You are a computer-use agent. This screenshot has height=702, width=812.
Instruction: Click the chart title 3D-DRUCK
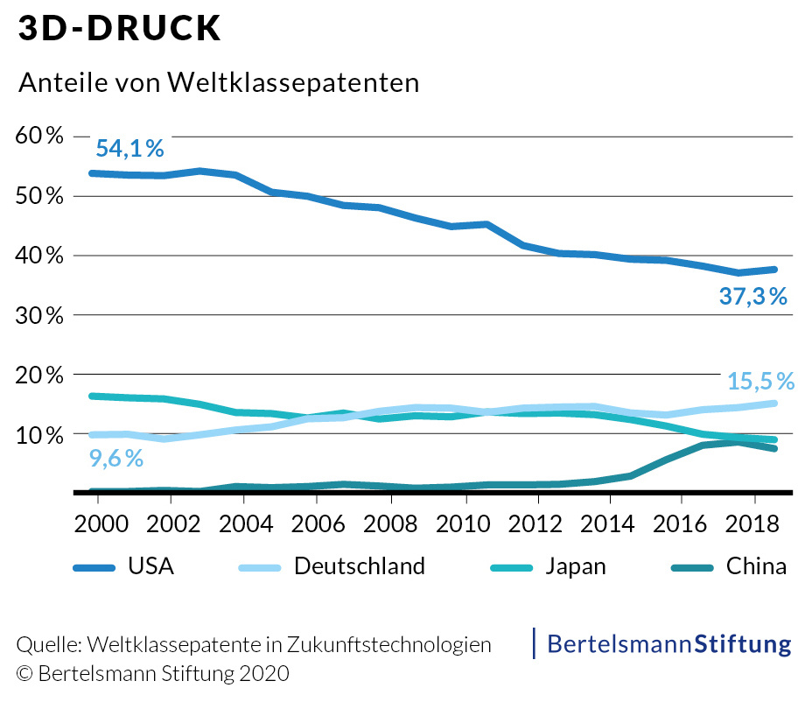point(120,29)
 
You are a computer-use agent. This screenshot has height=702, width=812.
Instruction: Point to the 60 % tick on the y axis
point(40,137)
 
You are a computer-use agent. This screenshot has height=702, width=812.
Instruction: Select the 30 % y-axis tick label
point(40,315)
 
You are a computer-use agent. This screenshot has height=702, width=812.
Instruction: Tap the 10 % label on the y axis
point(40,434)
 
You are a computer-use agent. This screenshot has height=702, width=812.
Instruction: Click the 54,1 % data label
point(129,149)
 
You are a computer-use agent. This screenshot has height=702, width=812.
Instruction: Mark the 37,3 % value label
point(753,297)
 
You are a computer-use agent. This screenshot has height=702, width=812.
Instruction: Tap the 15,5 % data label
point(760,382)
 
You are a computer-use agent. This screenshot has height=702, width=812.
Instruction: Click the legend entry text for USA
point(150,566)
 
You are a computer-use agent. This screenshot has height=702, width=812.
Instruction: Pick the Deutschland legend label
point(360,566)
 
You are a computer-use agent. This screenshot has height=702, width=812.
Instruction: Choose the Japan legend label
point(575,566)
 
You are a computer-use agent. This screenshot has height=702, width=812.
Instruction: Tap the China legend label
point(756,566)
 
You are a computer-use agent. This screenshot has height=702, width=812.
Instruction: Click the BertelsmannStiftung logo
point(668,644)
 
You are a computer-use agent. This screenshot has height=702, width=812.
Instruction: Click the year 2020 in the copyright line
point(264,674)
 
